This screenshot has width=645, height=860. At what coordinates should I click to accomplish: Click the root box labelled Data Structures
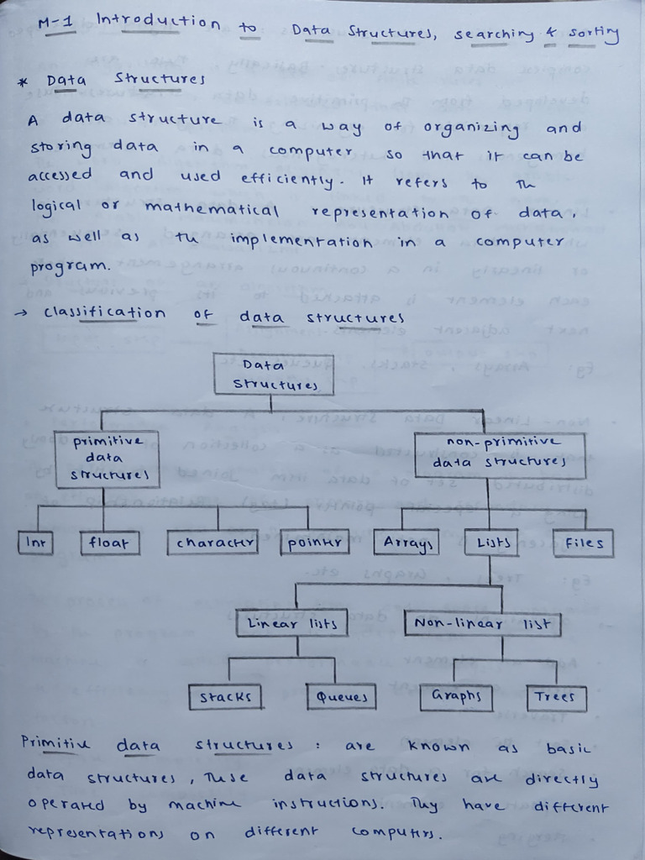272,375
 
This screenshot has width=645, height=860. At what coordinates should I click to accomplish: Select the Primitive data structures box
103,459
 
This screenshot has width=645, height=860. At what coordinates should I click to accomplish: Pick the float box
109,543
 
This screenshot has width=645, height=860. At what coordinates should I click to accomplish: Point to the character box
212,543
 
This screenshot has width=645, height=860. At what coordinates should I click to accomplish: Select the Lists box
490,543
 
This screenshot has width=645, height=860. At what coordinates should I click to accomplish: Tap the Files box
583,543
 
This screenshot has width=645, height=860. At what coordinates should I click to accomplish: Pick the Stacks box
224,697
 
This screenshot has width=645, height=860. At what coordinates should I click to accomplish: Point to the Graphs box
456,696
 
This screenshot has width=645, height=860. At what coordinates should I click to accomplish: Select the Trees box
556,697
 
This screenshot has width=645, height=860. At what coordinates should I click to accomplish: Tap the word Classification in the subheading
104,312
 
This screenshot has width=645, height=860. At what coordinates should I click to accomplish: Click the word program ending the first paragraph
69,267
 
